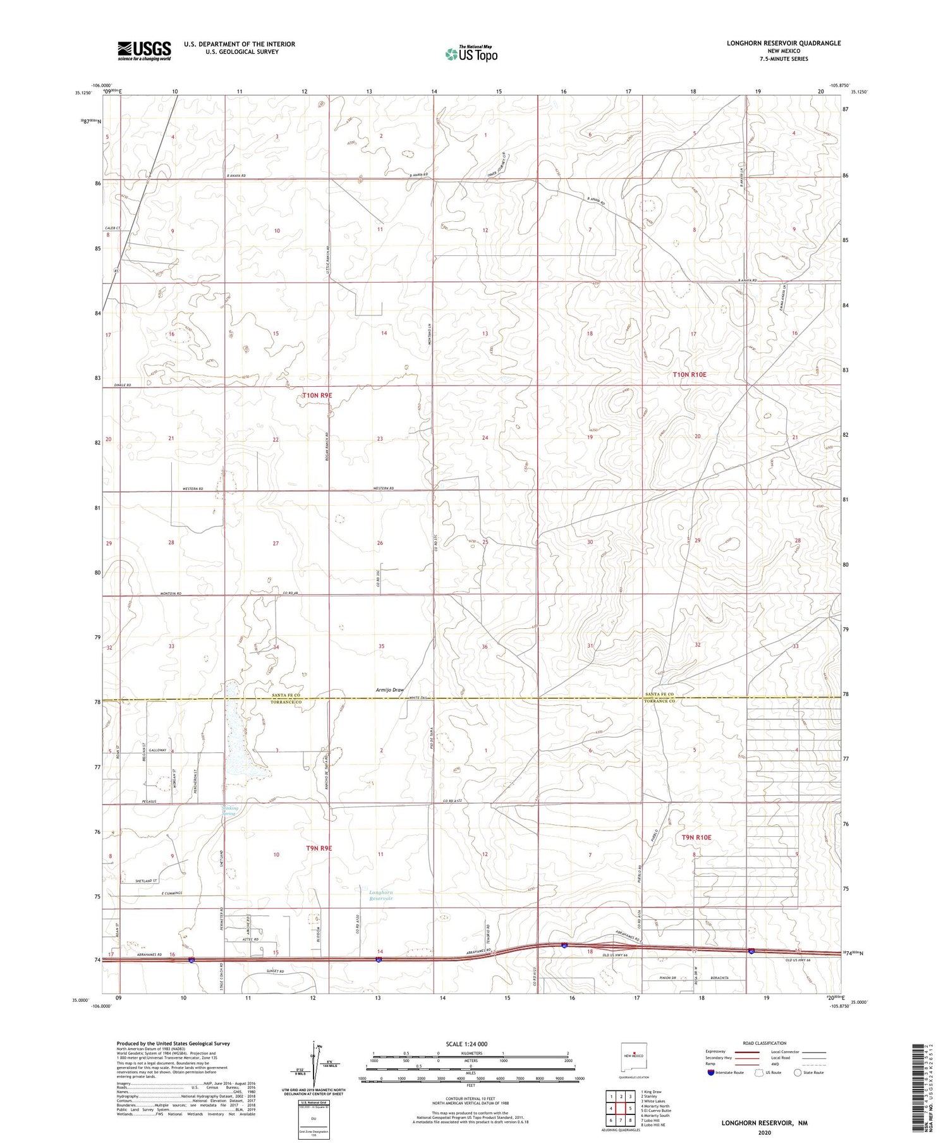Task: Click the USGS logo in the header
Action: coord(143,51)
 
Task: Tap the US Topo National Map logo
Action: coord(471,54)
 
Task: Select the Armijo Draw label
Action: coord(389,690)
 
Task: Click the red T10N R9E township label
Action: coord(317,396)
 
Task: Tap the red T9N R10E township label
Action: coord(696,838)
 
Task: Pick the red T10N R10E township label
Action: coord(689,375)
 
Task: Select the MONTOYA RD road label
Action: coord(171,594)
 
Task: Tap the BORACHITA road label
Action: coord(719,978)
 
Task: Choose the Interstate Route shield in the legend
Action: coord(712,1072)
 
